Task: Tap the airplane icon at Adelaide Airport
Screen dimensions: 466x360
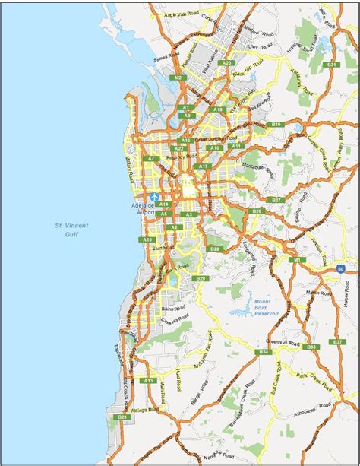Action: point(156,196)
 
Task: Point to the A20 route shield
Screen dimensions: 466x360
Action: point(226,62)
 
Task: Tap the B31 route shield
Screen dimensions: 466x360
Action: point(331,65)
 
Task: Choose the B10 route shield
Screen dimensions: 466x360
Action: point(276,124)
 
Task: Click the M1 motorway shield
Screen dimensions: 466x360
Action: point(299,260)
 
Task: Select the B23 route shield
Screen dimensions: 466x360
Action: point(122,417)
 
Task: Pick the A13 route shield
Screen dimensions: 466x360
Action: point(148,380)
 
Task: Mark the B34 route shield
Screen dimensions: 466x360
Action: point(264,353)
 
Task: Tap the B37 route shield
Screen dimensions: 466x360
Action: point(337,342)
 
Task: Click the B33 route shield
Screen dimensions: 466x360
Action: point(311,347)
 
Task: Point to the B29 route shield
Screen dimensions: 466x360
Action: point(201,279)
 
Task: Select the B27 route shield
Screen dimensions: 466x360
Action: point(276,199)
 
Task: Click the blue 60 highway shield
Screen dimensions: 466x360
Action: point(342,268)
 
